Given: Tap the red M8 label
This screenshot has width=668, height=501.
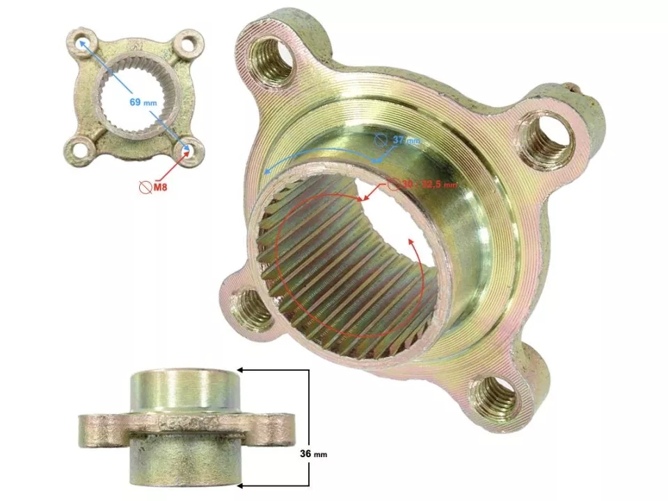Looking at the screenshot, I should [x=159, y=186].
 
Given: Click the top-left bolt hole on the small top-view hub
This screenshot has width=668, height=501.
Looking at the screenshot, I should [x=83, y=39].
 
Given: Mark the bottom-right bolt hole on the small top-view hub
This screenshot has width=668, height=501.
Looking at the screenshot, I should [x=189, y=149].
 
